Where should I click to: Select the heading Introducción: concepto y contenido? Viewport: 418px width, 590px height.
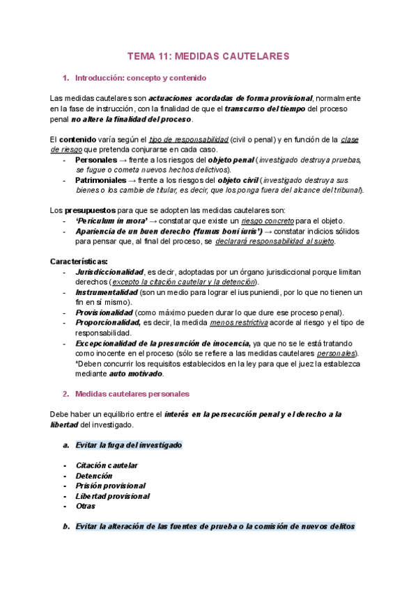coord(140,78)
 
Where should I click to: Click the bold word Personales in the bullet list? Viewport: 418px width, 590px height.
coord(96,160)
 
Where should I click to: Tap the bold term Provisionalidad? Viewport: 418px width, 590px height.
coord(104,313)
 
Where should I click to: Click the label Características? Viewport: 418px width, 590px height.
coord(79,261)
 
